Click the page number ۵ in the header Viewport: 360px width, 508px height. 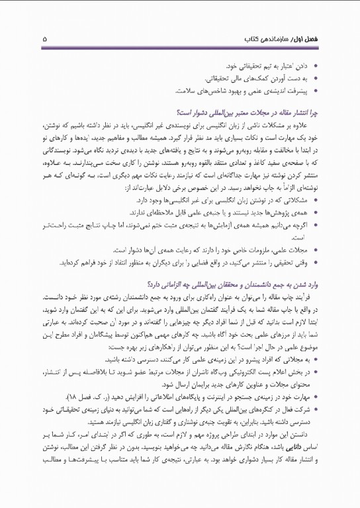click(44, 39)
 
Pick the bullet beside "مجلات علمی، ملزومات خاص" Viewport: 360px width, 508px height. click(300, 250)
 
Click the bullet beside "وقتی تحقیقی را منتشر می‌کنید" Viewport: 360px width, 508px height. click(300, 262)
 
